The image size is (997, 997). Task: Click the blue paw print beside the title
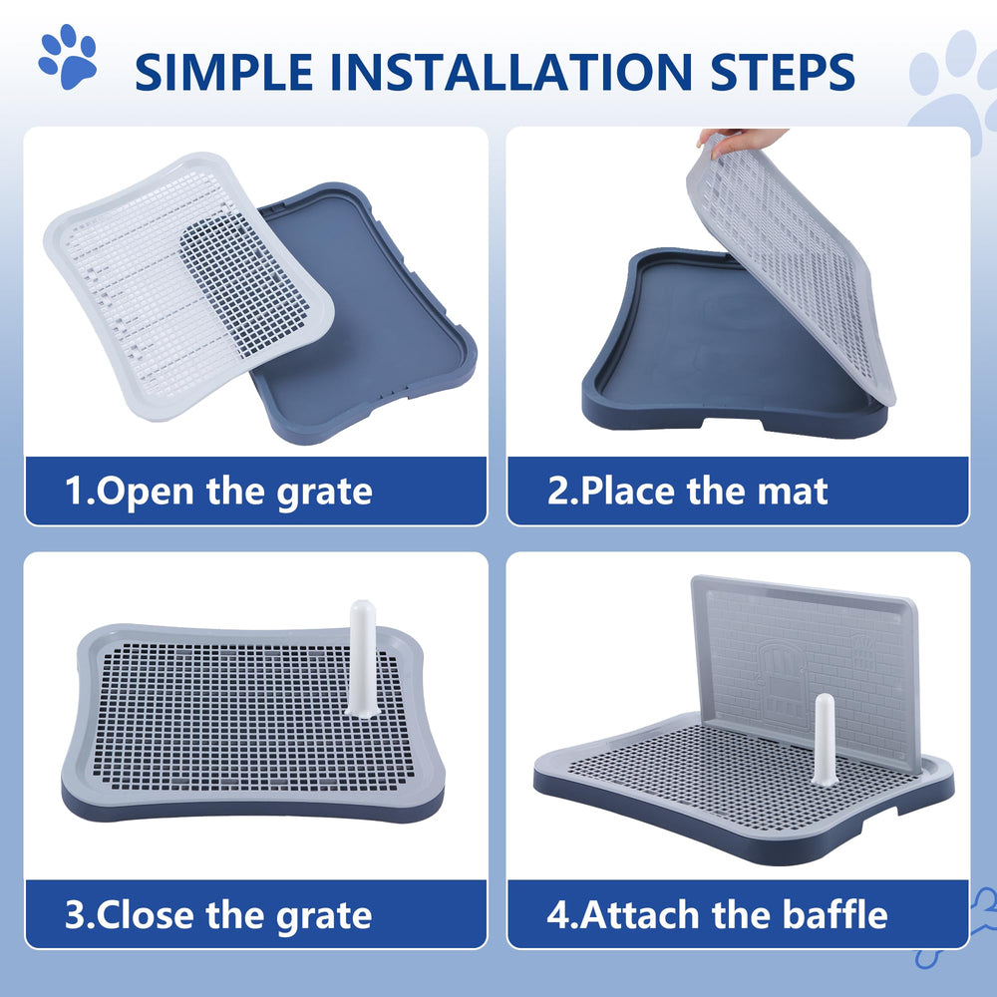point(68,57)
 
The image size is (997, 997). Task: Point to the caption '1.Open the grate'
point(218,491)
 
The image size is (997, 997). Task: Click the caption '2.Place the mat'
point(688,491)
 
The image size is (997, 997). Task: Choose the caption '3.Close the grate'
point(218,914)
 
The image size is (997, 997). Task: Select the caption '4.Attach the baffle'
point(717,914)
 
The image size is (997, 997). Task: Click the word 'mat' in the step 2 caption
point(792,491)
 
